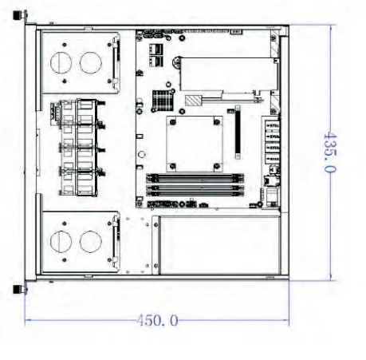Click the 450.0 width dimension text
pos(157,320)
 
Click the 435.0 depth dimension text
pos(330,152)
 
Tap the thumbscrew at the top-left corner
pos(20,14)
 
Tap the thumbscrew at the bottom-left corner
pos(20,289)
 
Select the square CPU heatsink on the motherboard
pos(195,144)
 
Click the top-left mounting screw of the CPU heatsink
pos(173,122)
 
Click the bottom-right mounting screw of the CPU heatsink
pos(217,167)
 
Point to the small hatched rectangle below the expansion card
pos(193,101)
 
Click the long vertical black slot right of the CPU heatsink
pos(238,133)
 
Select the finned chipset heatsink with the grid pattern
pos(163,100)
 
